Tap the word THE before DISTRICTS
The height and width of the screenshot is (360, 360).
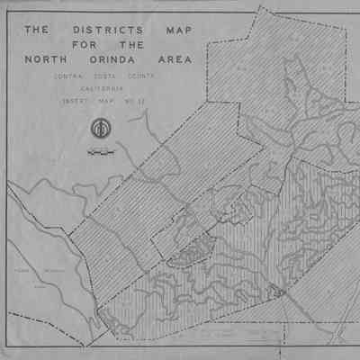click(36, 30)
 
